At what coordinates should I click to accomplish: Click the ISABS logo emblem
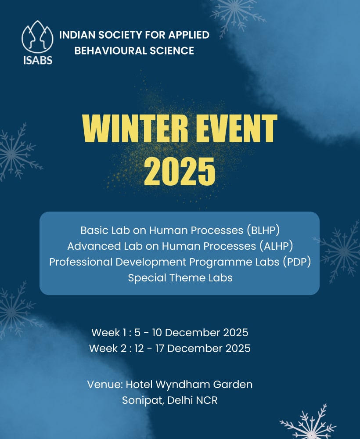click(37, 37)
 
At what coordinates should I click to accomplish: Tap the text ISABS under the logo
click(38, 60)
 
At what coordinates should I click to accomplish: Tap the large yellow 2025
click(180, 171)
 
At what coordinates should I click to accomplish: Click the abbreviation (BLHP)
click(263, 230)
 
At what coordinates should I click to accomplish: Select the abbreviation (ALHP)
click(277, 246)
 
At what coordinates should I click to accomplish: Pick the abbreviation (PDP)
click(297, 262)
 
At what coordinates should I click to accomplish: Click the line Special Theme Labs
click(180, 278)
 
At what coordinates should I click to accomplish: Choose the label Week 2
click(108, 348)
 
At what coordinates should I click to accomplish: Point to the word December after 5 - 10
click(193, 333)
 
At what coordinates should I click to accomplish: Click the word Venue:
click(105, 385)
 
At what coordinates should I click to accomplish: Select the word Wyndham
click(183, 385)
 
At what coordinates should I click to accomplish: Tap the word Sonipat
click(143, 400)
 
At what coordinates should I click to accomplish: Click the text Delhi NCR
click(192, 400)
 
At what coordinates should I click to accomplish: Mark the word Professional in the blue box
click(81, 262)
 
